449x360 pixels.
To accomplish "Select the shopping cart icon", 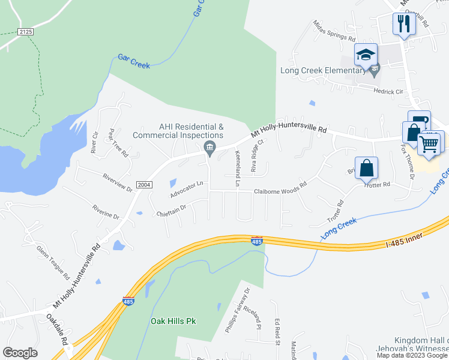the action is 429,144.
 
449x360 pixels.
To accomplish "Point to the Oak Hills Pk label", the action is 172,321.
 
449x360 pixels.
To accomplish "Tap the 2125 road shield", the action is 26,31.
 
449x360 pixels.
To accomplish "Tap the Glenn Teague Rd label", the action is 53,262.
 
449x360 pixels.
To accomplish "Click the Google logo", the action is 20,353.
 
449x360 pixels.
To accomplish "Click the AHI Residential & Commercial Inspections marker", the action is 209,148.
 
